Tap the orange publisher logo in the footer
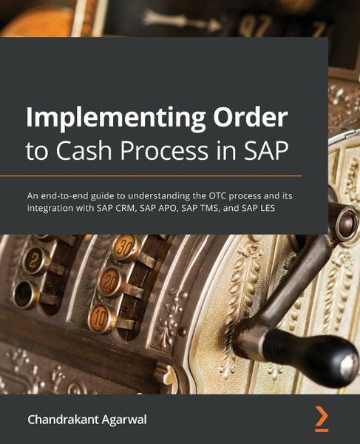click(x=321, y=418)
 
